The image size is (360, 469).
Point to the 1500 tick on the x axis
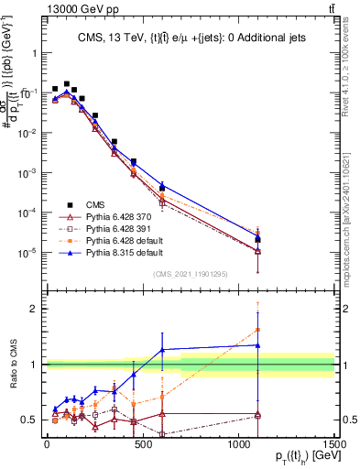(x=335, y=448)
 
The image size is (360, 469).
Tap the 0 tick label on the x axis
(x=47, y=448)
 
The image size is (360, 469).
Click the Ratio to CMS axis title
(x=12, y=365)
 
